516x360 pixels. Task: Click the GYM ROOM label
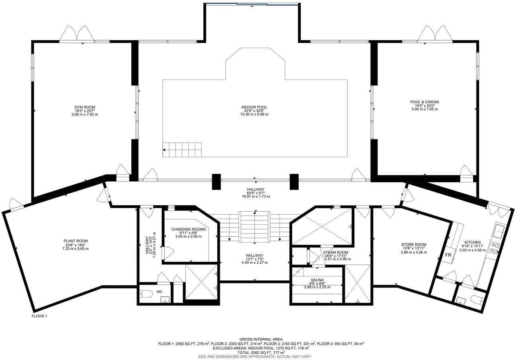85,107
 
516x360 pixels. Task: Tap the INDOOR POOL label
254,107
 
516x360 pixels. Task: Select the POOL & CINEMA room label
424,102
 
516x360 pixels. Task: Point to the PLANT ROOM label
75,241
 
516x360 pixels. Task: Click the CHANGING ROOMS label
188,229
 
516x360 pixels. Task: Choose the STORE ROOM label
414,245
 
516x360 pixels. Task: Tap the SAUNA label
317,280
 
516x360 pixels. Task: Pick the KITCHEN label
472,242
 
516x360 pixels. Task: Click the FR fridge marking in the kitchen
448,255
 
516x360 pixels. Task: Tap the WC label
159,292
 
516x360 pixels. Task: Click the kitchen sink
498,230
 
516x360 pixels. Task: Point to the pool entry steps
182,150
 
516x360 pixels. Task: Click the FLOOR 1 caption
39,316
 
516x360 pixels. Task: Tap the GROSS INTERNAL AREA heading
261,339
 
